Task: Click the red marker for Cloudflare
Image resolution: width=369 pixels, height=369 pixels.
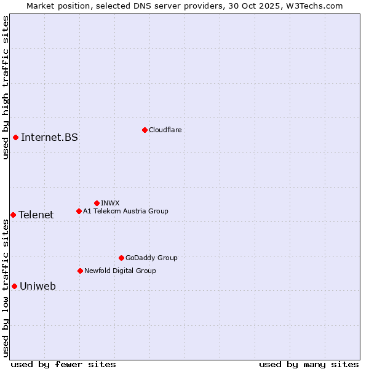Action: tap(145, 130)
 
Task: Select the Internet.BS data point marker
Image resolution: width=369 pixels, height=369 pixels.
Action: tap(15, 137)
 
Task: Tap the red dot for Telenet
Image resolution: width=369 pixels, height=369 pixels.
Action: tap(13, 215)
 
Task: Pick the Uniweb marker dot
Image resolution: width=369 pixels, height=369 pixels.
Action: tap(14, 286)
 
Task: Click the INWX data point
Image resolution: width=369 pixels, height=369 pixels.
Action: tap(97, 203)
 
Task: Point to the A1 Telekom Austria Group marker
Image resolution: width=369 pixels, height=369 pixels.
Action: tap(79, 211)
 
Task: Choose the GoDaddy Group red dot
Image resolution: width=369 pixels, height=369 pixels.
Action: tap(121, 258)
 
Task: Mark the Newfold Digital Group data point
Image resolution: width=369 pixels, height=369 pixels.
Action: tap(80, 271)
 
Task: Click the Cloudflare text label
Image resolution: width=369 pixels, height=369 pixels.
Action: tap(165, 130)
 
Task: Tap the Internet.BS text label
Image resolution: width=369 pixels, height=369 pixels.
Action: tap(49, 137)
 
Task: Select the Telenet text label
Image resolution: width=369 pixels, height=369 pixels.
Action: tap(36, 215)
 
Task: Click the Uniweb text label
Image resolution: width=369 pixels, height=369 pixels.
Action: tap(38, 286)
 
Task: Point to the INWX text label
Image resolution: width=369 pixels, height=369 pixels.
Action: tap(110, 203)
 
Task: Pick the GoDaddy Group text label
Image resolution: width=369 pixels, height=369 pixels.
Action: tap(151, 258)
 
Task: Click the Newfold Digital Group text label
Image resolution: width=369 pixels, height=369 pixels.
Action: tap(120, 271)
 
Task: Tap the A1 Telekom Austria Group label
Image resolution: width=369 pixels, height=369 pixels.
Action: tap(125, 211)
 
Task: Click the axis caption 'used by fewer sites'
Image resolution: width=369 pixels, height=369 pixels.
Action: tap(63, 364)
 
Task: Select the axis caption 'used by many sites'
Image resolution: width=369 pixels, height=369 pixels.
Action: tap(309, 364)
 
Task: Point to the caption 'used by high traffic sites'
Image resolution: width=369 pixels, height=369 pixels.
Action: tap(6, 87)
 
